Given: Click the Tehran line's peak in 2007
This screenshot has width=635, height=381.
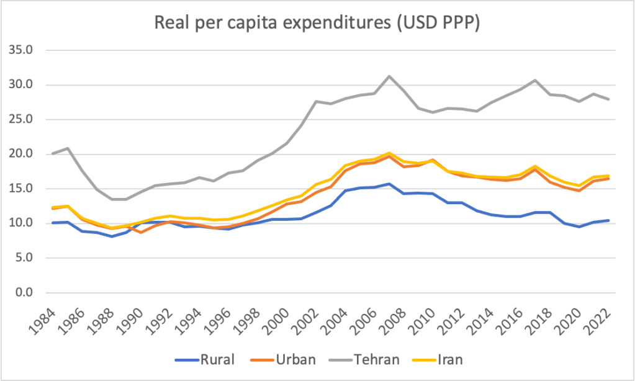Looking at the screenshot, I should (x=389, y=76).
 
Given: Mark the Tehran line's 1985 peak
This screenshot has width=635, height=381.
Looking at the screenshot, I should (x=67, y=148).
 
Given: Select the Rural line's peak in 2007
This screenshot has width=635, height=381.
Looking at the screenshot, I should (x=389, y=184).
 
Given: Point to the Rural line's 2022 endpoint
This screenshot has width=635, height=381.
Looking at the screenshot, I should (x=608, y=220).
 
